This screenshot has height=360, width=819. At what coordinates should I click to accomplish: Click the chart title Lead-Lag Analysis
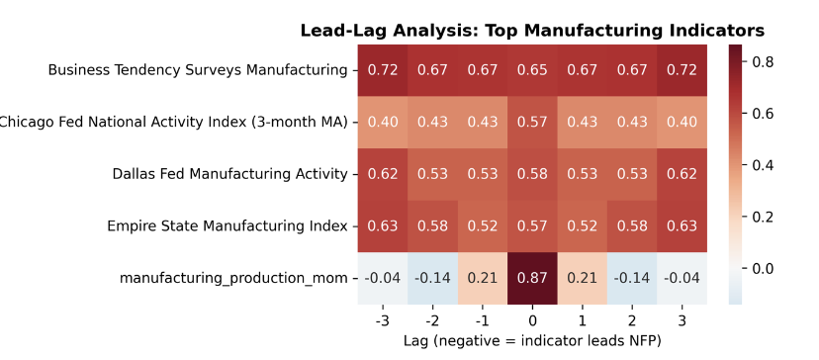tap(532, 30)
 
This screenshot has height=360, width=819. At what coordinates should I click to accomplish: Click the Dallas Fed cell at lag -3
tap(383, 174)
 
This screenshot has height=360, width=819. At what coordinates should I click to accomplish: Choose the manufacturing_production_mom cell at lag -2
tap(433, 278)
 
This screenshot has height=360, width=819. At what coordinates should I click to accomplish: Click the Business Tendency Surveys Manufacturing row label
tap(198, 70)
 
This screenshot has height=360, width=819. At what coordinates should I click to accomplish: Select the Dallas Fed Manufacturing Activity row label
tap(229, 174)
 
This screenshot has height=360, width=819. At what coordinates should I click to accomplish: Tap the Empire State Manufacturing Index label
tap(227, 226)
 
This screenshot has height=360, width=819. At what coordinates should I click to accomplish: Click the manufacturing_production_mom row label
tap(233, 278)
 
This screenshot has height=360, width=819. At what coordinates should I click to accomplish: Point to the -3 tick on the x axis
tap(383, 321)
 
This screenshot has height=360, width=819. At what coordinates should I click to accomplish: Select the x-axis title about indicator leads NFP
tap(532, 341)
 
